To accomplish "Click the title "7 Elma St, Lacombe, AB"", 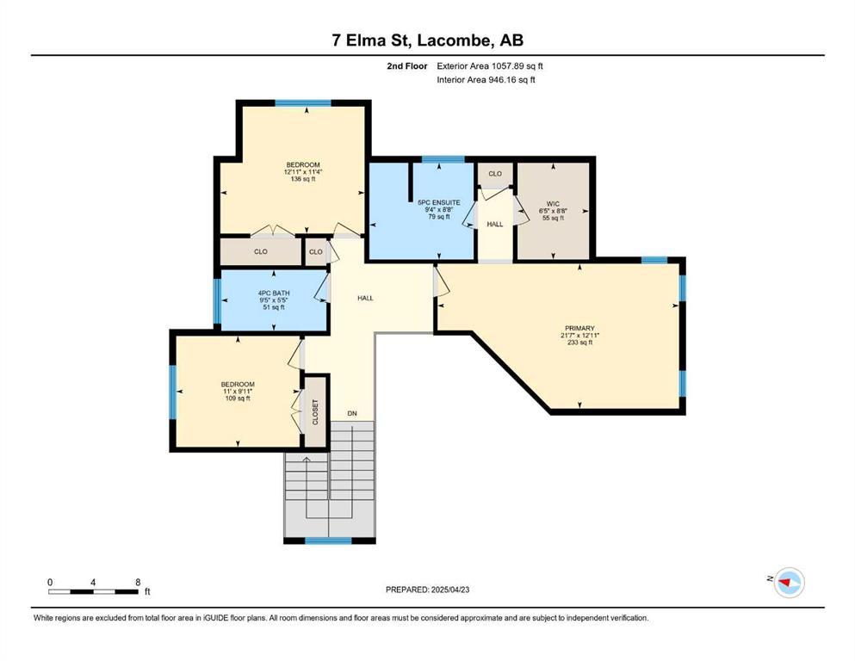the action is tap(427, 40).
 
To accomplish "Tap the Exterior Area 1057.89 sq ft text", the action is tap(490, 66).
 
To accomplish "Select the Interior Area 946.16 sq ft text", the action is tap(486, 79).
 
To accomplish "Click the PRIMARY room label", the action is tap(579, 328).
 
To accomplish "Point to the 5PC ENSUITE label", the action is tap(439, 203).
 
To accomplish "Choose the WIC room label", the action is tap(553, 204).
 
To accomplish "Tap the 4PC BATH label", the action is tap(274, 293).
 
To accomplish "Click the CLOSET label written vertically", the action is tap(315, 412).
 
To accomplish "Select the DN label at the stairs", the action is tap(352, 414).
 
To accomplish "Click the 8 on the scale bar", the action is tap(138, 582).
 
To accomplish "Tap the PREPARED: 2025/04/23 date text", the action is tap(427, 590).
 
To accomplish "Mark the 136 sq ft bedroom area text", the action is tap(303, 179).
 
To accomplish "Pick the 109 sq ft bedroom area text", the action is tap(238, 398).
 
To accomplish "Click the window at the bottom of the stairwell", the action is tap(328, 541).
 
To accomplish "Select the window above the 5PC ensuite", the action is tap(443, 159).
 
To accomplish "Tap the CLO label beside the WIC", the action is tap(495, 174).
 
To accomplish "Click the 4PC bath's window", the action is tap(217, 301).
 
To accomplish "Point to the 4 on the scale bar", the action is tap(93, 582).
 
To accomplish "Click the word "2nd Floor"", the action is tap(406, 66).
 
